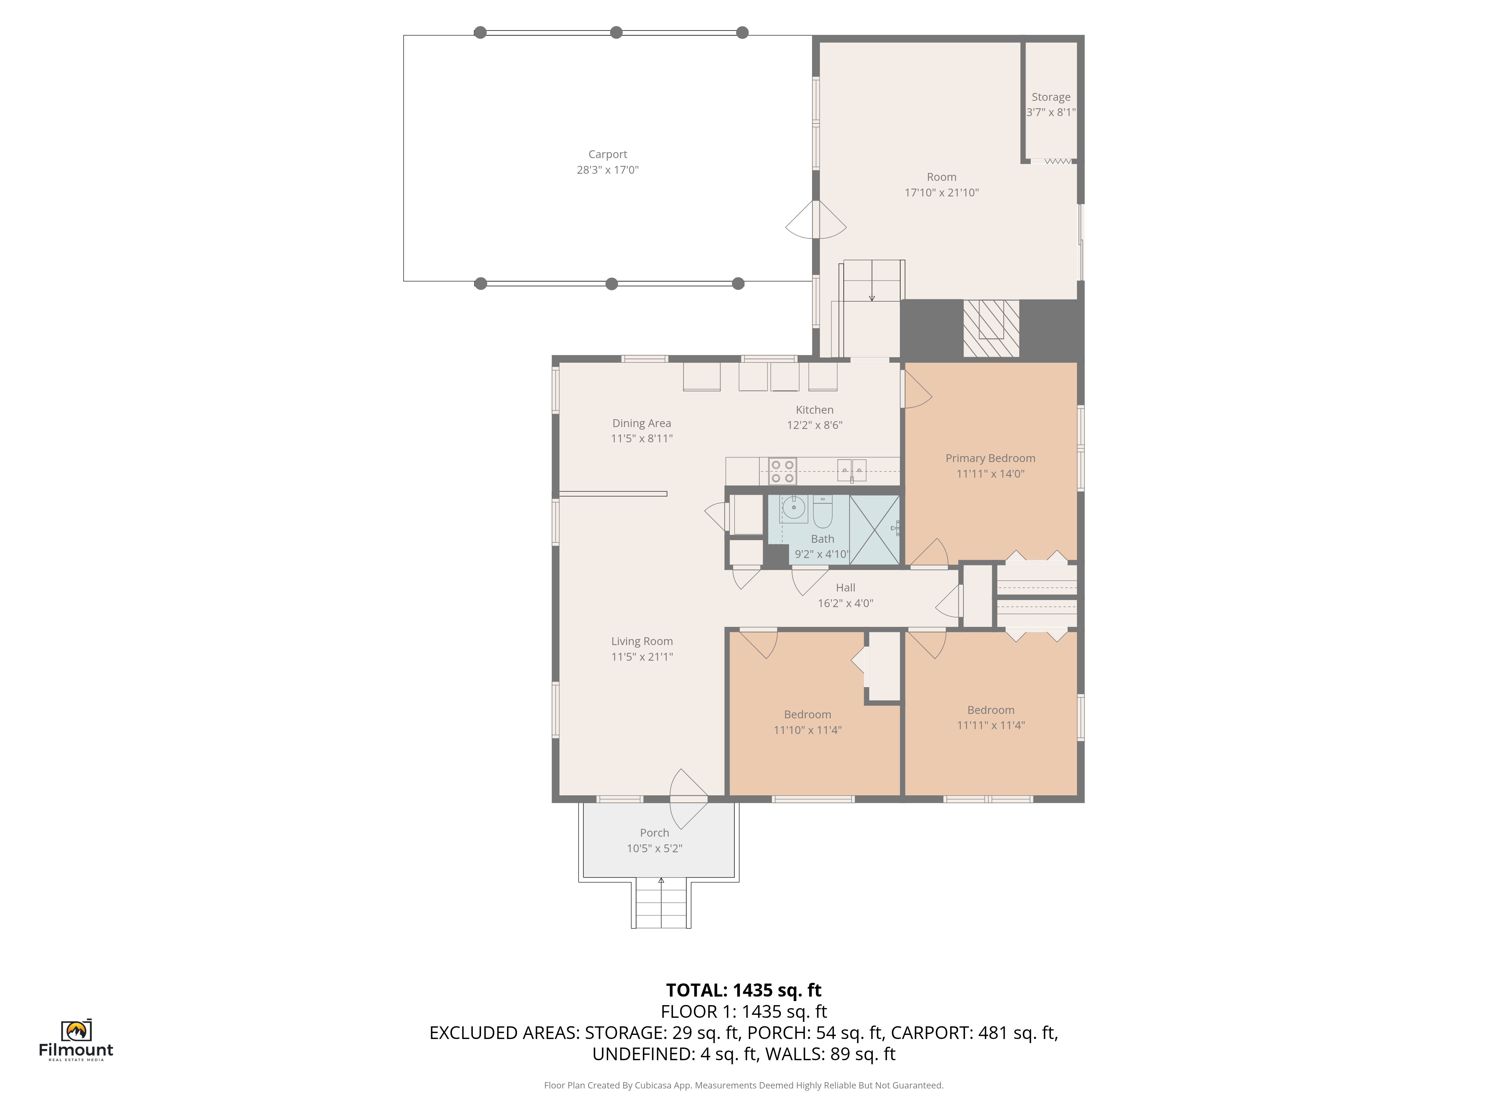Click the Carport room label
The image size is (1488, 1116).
click(607, 154)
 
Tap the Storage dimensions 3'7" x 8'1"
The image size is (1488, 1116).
click(1051, 112)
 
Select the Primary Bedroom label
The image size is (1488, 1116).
click(990, 458)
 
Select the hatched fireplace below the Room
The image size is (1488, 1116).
click(991, 328)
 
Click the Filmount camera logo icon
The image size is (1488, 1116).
click(76, 1030)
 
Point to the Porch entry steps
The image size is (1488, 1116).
click(661, 903)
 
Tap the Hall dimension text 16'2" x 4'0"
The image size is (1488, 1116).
click(846, 603)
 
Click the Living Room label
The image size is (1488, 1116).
click(642, 641)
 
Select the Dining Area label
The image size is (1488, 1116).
click(642, 423)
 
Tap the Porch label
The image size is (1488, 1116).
click(654, 833)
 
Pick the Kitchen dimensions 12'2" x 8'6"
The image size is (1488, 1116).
click(815, 425)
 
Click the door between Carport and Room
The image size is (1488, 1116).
click(816, 219)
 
